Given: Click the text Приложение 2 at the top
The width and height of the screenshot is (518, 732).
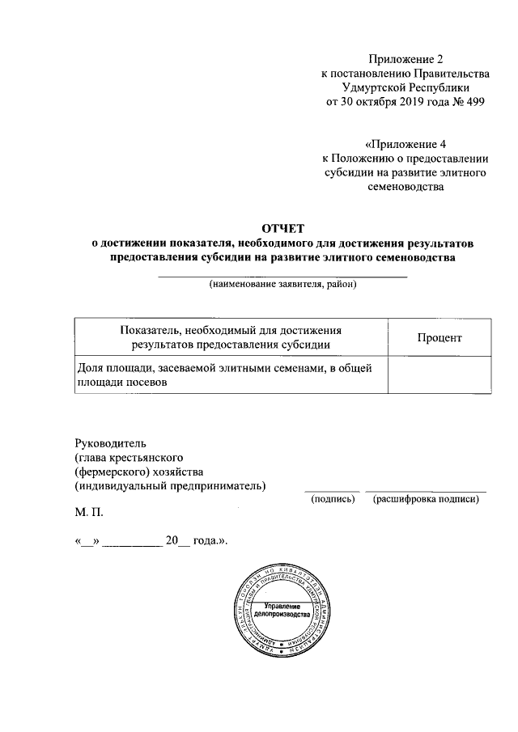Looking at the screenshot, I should click(407, 59).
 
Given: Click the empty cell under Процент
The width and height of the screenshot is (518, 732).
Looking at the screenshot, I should click(439, 376).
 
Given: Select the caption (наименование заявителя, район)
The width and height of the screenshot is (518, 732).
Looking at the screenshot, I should click(282, 285).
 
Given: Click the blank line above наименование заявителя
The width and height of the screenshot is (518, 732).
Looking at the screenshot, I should click(282, 277).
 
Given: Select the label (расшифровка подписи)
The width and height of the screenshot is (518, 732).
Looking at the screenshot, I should click(426, 500).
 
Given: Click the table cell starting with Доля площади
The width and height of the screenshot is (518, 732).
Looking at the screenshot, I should click(231, 376).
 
